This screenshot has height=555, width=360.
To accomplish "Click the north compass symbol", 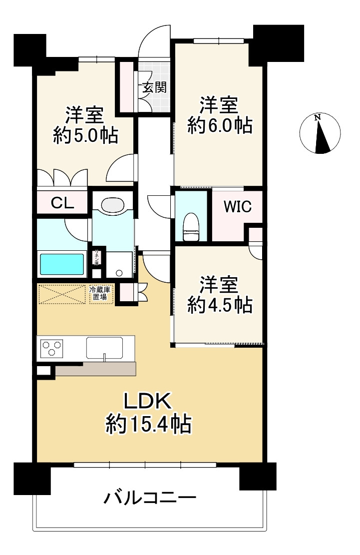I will pos(320,133).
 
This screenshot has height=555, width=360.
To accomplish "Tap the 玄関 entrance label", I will pos(153,88).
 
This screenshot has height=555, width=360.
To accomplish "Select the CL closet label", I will pos(63,203).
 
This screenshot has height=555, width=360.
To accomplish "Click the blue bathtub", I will pos(62,263).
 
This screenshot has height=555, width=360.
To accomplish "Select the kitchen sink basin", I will pos(105,347).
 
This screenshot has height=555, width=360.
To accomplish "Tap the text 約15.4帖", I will pos(148,425).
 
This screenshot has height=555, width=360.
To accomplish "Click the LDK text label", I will pos(148,401).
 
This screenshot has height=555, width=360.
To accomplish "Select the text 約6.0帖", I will pos(219,125).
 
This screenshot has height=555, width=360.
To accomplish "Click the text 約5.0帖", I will pos(85,135).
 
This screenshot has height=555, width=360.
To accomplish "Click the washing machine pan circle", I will pos(119,273).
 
